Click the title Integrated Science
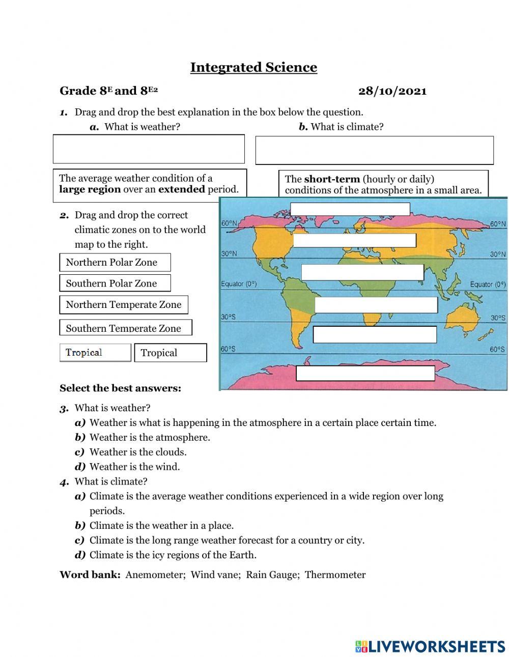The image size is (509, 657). pos(253,67)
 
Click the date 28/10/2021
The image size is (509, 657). pos(392,91)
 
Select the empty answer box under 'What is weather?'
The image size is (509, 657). pos(149,149)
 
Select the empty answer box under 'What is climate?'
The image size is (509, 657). pos(374,150)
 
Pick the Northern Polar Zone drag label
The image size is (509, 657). pos(115,263)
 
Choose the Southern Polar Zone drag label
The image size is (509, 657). pos(115,283)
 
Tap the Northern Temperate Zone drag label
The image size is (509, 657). pos(123,305)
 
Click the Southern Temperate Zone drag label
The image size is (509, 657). pos(125,328)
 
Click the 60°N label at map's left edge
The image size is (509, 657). pos(229,223)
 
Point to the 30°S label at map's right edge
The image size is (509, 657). pos(498,318)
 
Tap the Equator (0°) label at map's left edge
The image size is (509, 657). pos(238,284)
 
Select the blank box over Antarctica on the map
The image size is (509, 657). pos(365,373)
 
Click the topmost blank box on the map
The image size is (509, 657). pos(350,209)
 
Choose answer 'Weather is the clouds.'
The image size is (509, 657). pos(137,452)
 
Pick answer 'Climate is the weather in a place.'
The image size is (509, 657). pos(161,526)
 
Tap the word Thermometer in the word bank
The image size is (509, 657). pos(335,575)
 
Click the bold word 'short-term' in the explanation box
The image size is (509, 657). pos(331,179)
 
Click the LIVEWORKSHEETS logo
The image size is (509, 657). pos(430,646)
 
